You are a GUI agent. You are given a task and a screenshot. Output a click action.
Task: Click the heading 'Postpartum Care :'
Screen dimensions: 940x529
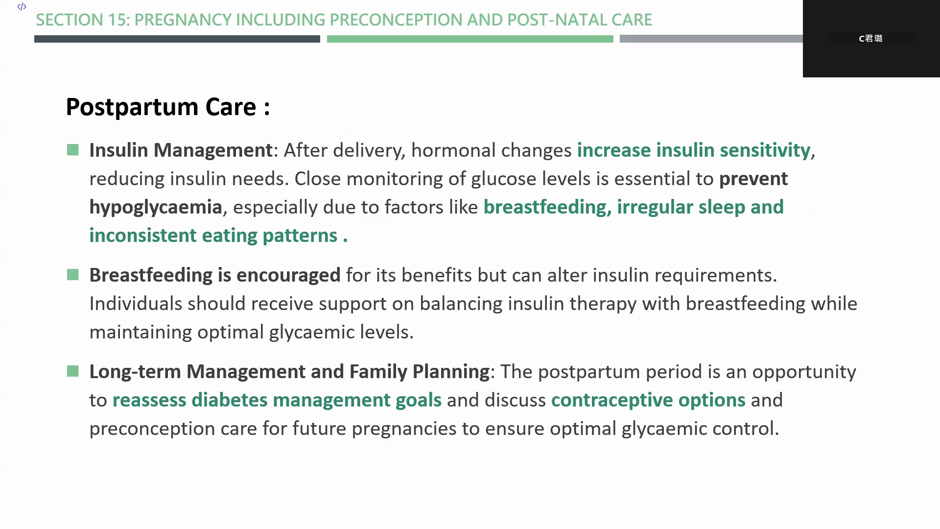point(168,107)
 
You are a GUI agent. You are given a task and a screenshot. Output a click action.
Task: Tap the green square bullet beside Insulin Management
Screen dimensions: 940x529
point(73,150)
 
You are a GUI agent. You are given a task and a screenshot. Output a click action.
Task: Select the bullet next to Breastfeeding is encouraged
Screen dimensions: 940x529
point(73,275)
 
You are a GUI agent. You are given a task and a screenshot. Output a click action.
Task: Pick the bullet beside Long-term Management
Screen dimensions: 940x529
point(73,371)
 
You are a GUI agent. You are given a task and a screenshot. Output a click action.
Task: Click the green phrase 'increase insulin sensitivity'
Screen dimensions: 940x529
point(694,150)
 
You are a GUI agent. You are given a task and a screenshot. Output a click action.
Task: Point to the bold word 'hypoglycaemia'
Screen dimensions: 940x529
point(156,207)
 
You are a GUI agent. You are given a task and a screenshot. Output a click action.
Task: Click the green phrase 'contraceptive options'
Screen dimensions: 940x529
point(648,400)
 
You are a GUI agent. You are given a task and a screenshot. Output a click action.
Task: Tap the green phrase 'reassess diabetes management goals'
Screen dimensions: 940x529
point(277,400)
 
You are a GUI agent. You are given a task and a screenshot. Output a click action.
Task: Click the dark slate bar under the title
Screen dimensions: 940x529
point(177,39)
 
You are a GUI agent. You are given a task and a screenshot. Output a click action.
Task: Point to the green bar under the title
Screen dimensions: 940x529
point(470,39)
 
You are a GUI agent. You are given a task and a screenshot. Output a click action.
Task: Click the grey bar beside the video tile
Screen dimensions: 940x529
point(711,39)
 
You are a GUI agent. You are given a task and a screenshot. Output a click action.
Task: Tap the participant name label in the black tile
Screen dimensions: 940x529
point(871,38)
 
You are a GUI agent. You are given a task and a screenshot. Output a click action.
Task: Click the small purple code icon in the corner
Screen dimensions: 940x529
point(22,6)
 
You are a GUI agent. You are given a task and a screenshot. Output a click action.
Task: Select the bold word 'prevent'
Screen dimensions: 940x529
point(753,179)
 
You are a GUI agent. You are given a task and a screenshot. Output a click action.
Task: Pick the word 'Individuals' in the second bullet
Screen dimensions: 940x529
point(136,304)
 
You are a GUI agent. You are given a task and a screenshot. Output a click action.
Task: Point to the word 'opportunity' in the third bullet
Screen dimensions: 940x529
point(804,372)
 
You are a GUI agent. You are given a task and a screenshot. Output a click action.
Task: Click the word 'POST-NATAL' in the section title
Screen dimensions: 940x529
point(556,20)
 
